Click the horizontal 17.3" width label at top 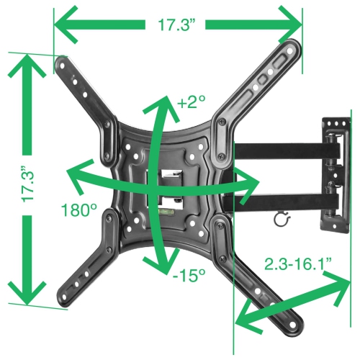click(177, 24)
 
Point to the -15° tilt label click(189, 275)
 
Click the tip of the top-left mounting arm click(64, 66)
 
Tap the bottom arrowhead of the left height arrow click(27, 295)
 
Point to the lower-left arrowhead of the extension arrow click(245, 317)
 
